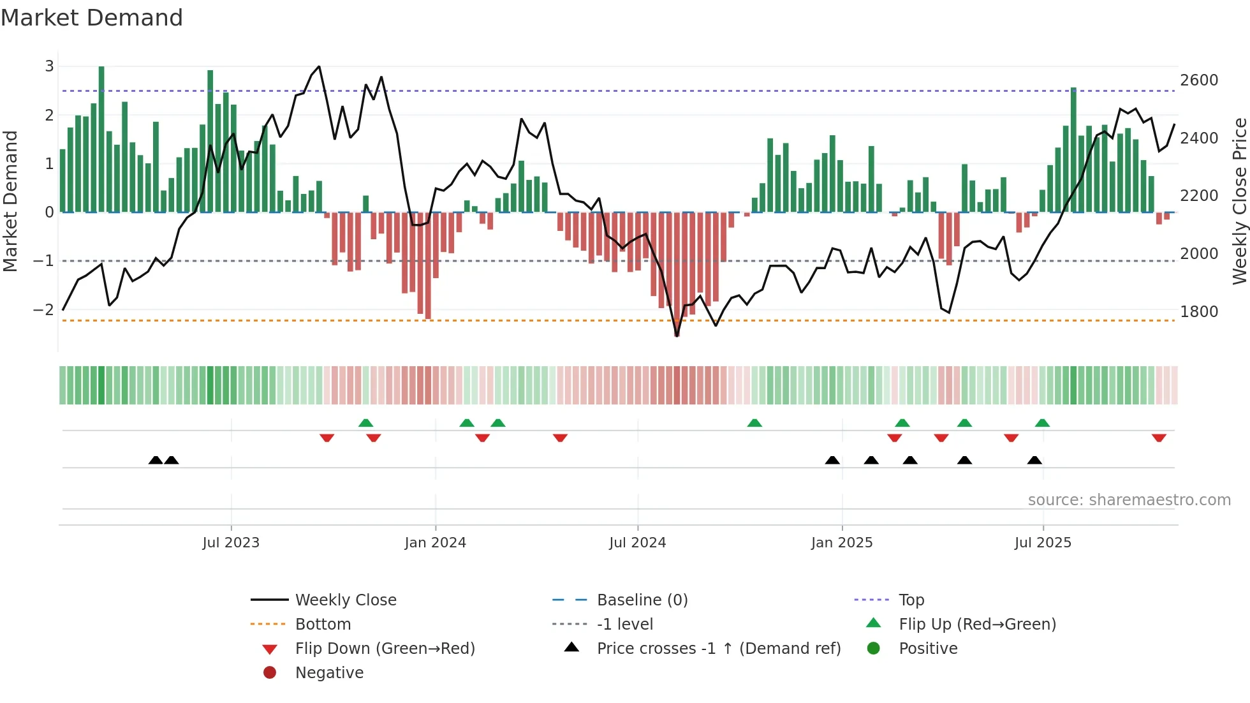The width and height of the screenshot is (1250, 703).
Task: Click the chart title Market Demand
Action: [92, 18]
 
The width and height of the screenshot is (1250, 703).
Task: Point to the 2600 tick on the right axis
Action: [1198, 80]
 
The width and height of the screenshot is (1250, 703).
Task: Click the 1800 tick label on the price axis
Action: [1198, 312]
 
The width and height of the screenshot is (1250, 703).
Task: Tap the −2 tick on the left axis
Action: [43, 310]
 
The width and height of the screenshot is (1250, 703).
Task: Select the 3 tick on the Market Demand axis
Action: [49, 66]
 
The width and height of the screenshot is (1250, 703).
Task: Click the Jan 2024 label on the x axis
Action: [435, 543]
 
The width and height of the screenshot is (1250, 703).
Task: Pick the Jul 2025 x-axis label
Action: [1043, 543]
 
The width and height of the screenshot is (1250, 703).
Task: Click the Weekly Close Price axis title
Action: [1239, 201]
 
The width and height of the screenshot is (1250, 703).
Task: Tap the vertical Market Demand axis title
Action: [10, 201]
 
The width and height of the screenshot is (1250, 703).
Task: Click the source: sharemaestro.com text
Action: [1129, 500]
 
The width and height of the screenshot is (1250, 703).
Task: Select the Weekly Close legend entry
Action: [345, 600]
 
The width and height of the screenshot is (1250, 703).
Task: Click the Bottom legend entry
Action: [323, 625]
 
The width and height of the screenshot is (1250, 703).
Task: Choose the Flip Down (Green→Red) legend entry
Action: [385, 649]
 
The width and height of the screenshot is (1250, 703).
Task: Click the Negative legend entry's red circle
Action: [270, 673]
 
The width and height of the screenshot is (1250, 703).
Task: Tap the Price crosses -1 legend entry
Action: [718, 649]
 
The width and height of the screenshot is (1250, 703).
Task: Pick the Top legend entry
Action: [911, 600]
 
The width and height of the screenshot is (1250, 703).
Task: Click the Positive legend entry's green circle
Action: [874, 649]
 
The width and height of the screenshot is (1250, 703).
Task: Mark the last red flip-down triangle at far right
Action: [1159, 438]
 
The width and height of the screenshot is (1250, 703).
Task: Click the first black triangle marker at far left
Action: [156, 460]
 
